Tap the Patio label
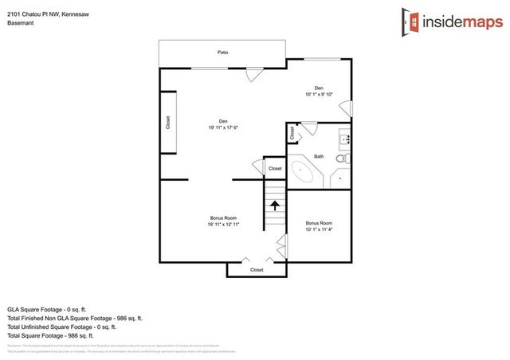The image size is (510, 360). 223,53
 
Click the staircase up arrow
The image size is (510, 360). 275,205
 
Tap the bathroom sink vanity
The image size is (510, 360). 346,140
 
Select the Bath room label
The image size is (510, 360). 319,156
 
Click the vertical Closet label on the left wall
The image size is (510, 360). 168,123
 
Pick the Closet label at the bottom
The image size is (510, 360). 257,270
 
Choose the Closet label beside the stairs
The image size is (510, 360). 275,169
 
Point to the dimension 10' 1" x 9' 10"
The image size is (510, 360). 319,95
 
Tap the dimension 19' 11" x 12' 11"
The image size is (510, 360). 223,225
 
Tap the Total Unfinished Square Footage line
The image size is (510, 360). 62,327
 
